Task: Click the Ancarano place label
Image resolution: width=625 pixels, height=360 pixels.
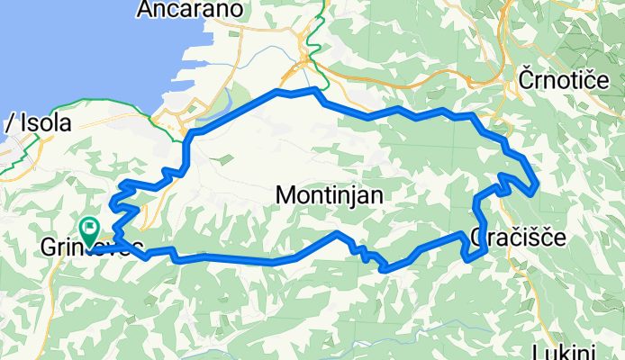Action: click(x=190, y=10)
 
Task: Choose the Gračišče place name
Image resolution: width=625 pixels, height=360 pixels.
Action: click(x=518, y=238)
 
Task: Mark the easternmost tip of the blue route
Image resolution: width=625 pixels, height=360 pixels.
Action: click(x=538, y=187)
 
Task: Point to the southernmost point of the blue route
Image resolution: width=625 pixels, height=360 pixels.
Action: click(x=385, y=269)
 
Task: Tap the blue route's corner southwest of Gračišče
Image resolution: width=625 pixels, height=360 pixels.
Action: click(x=466, y=259)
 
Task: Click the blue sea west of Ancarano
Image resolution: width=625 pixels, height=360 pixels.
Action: click(x=72, y=45)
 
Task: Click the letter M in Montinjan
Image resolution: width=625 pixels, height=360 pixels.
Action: click(x=286, y=194)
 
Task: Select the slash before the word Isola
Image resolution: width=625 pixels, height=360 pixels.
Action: click(x=8, y=124)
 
